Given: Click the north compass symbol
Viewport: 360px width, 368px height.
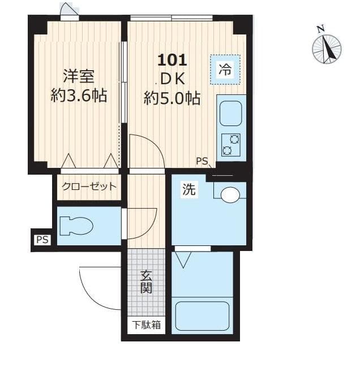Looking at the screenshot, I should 327,47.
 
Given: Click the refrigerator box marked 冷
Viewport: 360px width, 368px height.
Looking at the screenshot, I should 225,70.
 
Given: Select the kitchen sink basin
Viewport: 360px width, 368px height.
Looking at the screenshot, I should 231,114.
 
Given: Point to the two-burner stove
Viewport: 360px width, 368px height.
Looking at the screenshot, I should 231,145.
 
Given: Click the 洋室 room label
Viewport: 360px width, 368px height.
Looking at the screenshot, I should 78,76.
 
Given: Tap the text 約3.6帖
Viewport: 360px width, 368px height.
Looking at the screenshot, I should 79,96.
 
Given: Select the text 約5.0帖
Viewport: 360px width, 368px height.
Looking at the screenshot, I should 172,98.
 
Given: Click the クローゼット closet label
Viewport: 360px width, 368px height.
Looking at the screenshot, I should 89,187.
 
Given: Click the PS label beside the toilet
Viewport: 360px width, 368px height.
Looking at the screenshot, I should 42,240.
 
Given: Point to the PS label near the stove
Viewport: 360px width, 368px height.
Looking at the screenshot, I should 202,161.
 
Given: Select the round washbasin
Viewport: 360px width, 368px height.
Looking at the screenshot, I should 230,196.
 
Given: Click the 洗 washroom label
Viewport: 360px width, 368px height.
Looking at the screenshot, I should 188,190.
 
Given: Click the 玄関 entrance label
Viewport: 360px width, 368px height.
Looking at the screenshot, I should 146,283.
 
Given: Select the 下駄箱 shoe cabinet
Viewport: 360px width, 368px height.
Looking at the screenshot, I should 147,325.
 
